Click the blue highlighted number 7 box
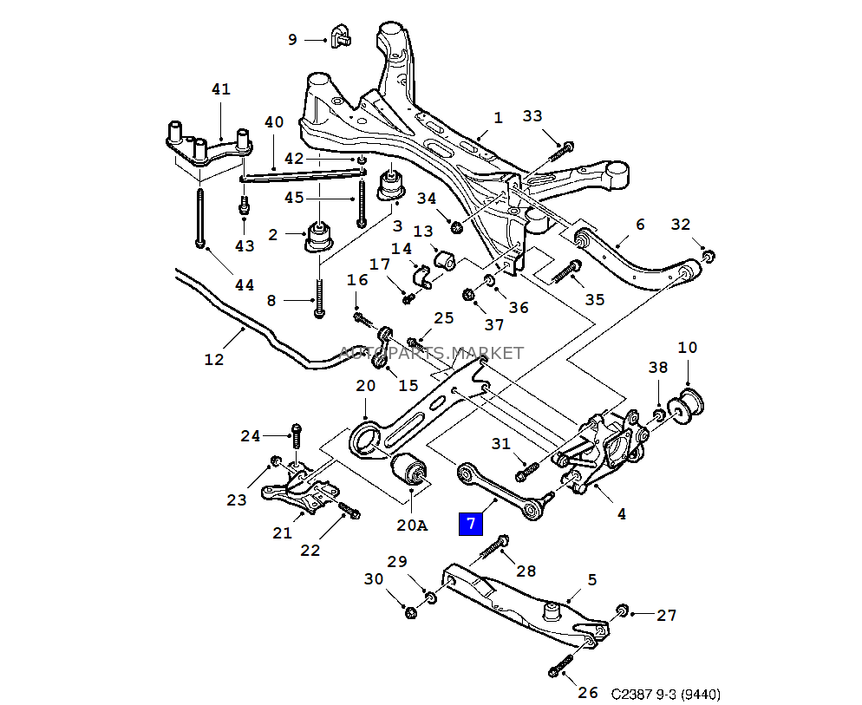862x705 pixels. tap(470, 523)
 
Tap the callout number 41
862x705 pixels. tap(221, 88)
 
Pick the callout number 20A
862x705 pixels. tap(413, 525)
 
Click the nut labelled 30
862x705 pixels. tap(411, 612)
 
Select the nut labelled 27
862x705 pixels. tap(622, 612)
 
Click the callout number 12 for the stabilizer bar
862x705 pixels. tap(213, 359)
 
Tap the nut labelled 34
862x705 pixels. tap(455, 227)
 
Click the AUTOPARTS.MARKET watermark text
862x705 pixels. tap(430, 353)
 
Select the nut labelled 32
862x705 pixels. tap(708, 255)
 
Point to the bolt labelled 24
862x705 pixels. tap(296, 438)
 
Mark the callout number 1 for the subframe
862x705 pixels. tap(498, 117)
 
